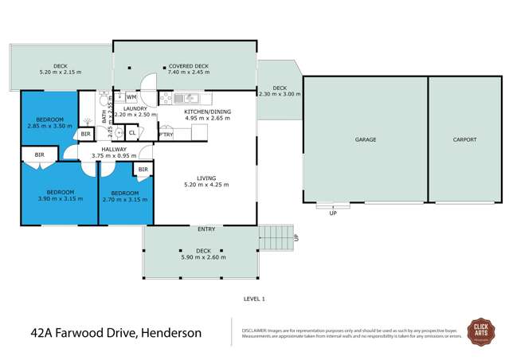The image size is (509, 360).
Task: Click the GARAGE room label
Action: pyautogui.click(x=365, y=139)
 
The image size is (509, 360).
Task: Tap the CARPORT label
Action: pyautogui.click(x=464, y=139)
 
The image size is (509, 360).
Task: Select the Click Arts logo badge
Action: pyautogui.click(x=481, y=331)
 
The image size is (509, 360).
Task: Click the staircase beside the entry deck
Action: pyautogui.click(x=276, y=237)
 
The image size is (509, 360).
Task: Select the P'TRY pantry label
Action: pyautogui.click(x=166, y=135)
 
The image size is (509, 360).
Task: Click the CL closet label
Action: pyautogui.click(x=131, y=133)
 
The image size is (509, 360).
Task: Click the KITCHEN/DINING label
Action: pyautogui.click(x=207, y=112)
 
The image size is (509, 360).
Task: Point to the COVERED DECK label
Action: pyautogui.click(x=188, y=66)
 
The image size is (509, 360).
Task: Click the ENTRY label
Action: pyautogui.click(x=206, y=229)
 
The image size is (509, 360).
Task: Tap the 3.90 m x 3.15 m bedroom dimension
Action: pyautogui.click(x=60, y=199)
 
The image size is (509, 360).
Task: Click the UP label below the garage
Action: pyautogui.click(x=333, y=213)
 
